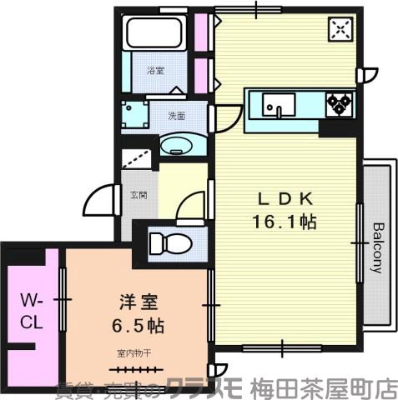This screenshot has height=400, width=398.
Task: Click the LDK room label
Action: coord(284,199)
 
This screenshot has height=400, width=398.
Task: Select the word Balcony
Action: coord(377,247)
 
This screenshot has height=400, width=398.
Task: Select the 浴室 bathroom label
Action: coord(154,71)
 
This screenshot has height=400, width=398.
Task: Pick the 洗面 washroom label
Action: coord(175,116)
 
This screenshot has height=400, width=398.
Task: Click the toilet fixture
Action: coord(170,243)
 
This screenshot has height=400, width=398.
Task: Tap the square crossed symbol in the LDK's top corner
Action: coord(340,30)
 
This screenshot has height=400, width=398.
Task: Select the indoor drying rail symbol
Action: coord(133,367)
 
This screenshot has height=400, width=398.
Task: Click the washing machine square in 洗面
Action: coord(134,114)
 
